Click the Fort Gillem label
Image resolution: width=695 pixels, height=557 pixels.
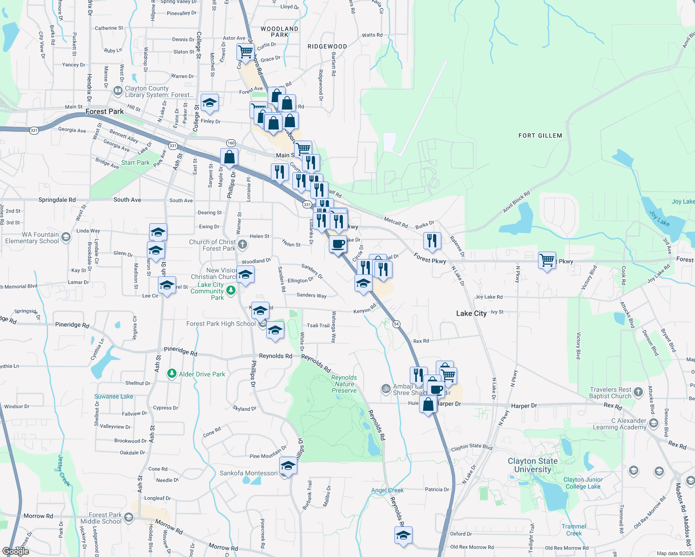(540, 136)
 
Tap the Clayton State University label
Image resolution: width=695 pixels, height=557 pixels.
(532, 465)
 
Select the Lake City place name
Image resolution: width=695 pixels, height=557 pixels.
(471, 313)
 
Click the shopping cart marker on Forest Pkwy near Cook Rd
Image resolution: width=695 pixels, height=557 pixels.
(547, 260)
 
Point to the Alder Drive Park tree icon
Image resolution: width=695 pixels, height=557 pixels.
(172, 374)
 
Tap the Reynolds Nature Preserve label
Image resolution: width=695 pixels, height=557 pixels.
(344, 384)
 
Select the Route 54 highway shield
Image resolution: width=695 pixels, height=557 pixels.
(396, 324)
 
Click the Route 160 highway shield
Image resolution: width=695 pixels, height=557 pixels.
(231, 143)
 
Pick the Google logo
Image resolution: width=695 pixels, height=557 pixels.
(16, 551)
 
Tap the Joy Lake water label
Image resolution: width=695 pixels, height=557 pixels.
(683, 201)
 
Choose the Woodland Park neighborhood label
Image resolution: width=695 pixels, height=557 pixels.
(279, 32)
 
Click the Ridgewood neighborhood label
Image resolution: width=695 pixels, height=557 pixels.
(327, 46)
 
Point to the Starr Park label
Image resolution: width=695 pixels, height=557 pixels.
(135, 162)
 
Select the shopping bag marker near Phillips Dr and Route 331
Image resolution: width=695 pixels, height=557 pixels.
(229, 157)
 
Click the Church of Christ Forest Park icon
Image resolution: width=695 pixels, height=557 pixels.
(242, 244)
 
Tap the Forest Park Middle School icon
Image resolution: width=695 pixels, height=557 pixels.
(129, 517)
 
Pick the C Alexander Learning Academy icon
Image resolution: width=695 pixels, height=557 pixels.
(654, 423)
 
